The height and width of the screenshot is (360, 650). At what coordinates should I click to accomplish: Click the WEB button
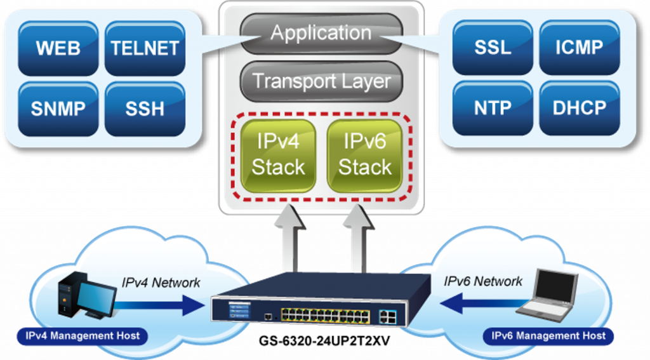pyautogui.click(x=58, y=48)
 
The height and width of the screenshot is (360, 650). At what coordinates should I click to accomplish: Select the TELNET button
pyautogui.click(x=145, y=48)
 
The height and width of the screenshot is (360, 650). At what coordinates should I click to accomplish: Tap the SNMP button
pyautogui.click(x=58, y=109)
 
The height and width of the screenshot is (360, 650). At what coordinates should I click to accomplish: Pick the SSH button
pyautogui.click(x=145, y=109)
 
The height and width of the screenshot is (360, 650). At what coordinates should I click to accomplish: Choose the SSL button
pyautogui.click(x=493, y=48)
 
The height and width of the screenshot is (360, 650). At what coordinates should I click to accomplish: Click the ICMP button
pyautogui.click(x=579, y=48)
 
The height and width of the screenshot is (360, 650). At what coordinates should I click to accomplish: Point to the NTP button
pyautogui.click(x=493, y=108)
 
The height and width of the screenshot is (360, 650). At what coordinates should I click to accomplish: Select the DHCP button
pyautogui.click(x=579, y=108)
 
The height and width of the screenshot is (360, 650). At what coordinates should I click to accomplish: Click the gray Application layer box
pyautogui.click(x=321, y=32)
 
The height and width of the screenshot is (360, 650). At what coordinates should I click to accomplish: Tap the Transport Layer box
pyautogui.click(x=321, y=81)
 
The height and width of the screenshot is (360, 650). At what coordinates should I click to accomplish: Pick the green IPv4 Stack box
pyautogui.click(x=278, y=155)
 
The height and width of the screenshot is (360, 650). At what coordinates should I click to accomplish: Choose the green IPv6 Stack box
pyautogui.click(x=364, y=155)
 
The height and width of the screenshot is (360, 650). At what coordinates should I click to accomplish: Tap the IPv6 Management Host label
pyautogui.click(x=549, y=336)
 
